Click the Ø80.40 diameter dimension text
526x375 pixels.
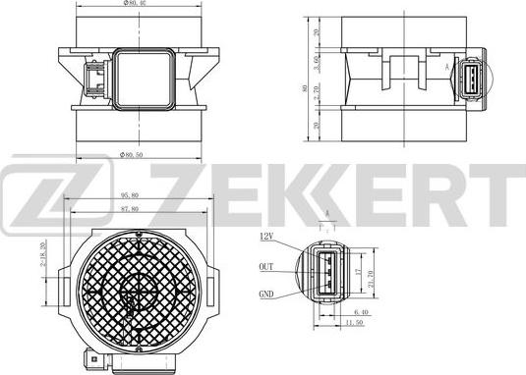(136, 4)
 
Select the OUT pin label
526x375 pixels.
(266, 265)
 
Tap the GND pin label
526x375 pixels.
(266, 293)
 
